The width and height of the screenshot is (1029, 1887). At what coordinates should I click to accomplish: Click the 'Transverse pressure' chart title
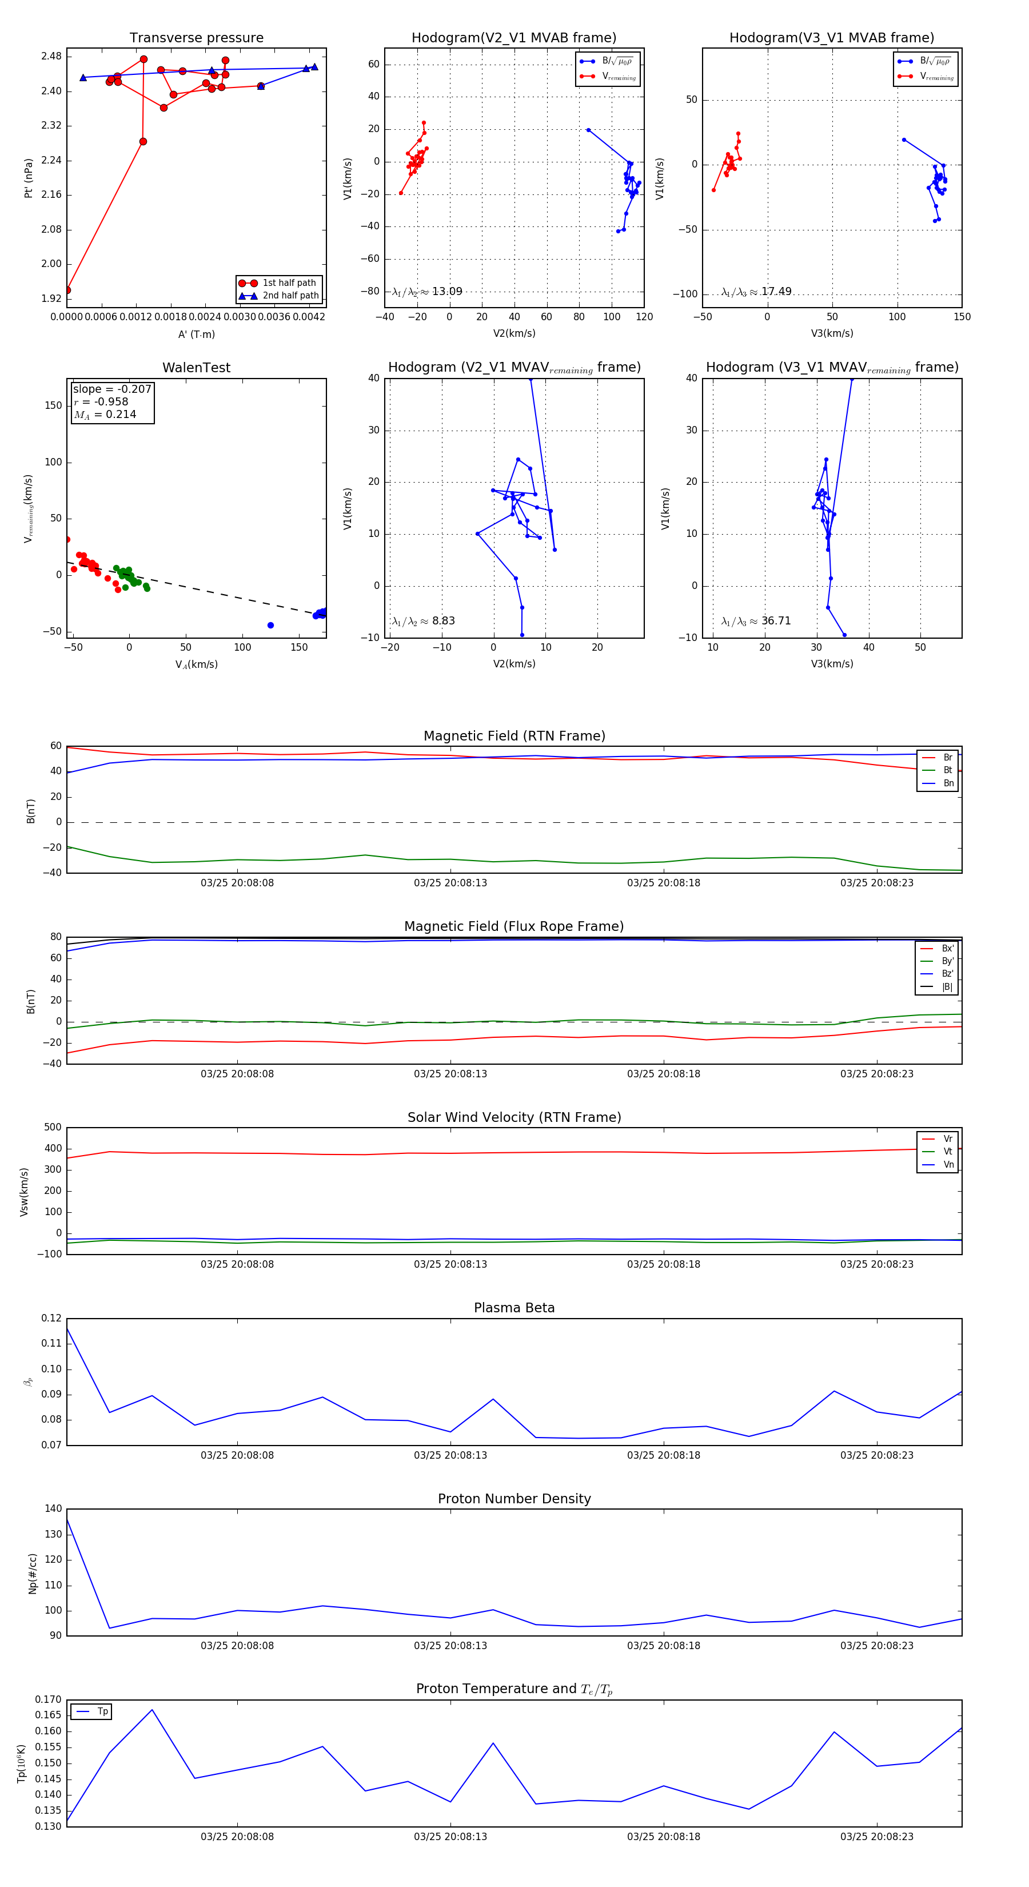(196, 38)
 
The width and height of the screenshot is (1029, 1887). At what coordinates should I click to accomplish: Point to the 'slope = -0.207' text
(112, 389)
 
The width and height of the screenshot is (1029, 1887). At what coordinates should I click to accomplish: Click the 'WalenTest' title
(196, 368)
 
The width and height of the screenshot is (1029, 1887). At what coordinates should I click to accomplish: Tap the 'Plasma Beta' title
(514, 1308)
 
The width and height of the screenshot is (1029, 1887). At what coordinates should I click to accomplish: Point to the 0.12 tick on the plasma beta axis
(51, 1318)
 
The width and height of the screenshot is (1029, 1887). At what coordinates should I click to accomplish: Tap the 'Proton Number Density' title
(514, 1499)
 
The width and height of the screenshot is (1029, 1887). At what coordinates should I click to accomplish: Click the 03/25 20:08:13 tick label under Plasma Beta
(450, 1455)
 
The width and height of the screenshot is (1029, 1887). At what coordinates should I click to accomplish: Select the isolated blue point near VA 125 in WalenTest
(270, 625)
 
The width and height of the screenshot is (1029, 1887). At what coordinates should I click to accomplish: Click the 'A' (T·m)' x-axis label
(196, 334)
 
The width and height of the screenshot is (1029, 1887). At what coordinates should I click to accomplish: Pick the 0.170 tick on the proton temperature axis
(49, 1699)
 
